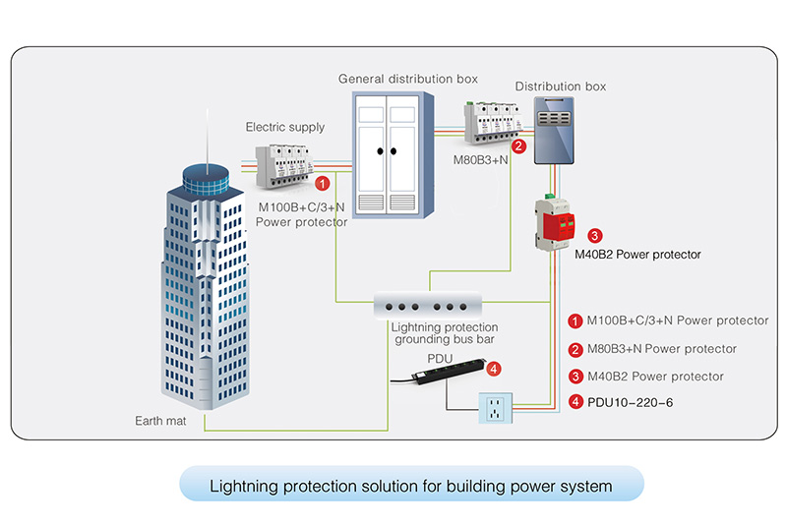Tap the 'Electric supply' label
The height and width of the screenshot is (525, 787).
[x=284, y=127]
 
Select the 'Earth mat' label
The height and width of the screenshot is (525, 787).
[x=158, y=421]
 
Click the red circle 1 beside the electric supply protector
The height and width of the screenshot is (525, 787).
[x=321, y=183]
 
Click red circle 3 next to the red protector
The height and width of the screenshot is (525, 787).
[x=594, y=236]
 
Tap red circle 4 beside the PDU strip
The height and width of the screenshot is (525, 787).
[x=494, y=369]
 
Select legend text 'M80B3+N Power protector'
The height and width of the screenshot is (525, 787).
[x=661, y=348]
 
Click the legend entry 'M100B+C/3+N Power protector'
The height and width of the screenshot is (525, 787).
[x=677, y=321]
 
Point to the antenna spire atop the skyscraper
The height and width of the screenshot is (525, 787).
[x=208, y=138]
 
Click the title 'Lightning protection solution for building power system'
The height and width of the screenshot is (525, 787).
[x=411, y=486]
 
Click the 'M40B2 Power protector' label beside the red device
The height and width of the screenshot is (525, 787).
[x=637, y=255]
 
